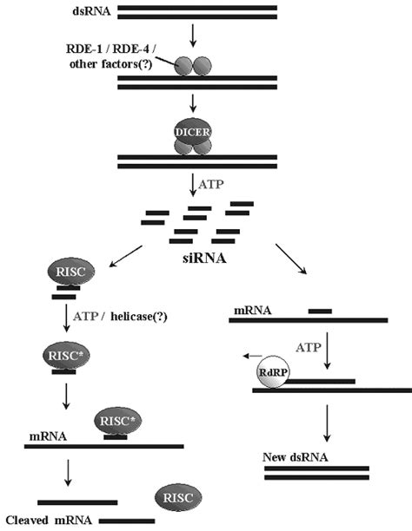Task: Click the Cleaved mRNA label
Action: coord(50,520)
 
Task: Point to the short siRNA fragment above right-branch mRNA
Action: coord(319,309)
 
